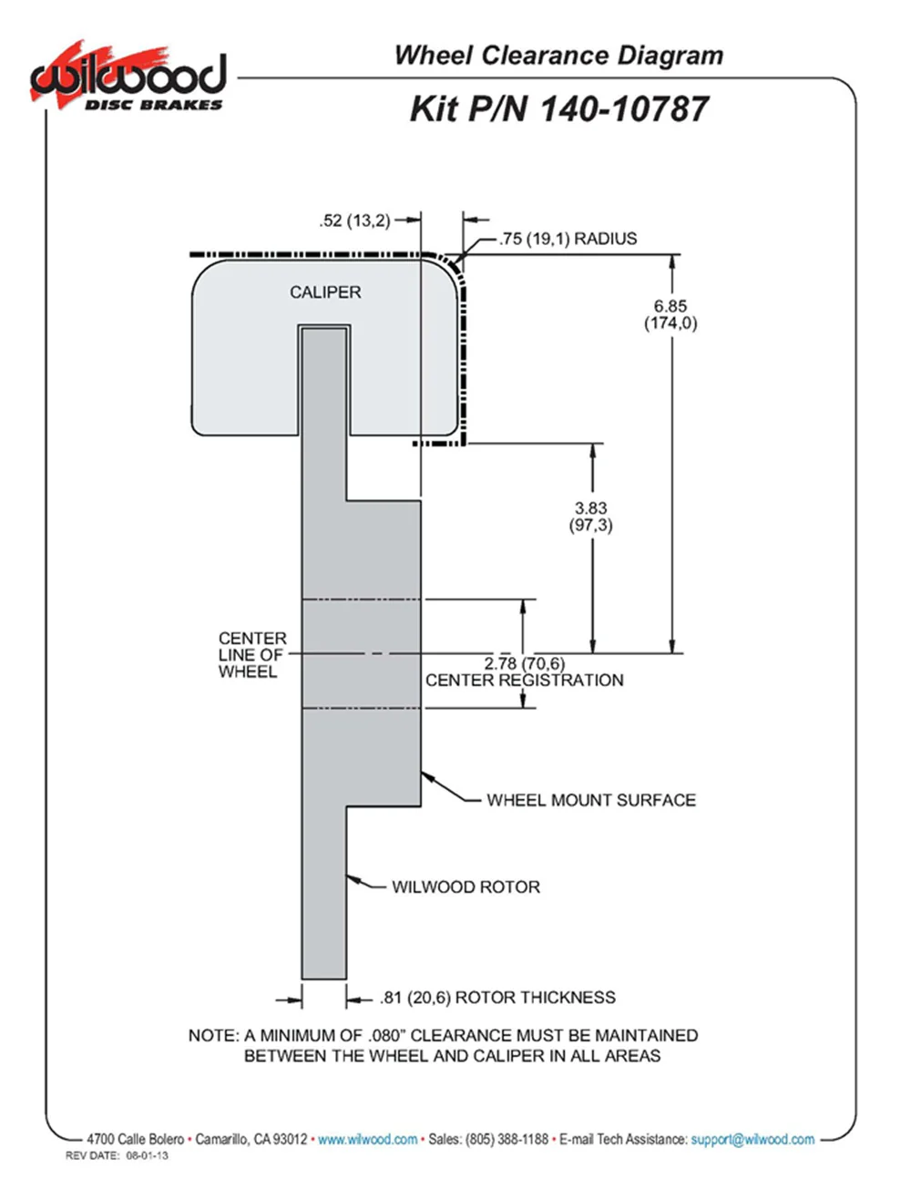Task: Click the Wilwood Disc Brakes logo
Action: pyautogui.click(x=127, y=78)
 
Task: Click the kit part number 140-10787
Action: pyautogui.click(x=558, y=109)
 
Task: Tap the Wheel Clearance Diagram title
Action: pyautogui.click(x=558, y=56)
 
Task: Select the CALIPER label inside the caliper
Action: pyautogui.click(x=325, y=292)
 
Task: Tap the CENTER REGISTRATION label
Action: pyautogui.click(x=525, y=681)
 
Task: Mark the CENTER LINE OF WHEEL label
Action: pyautogui.click(x=251, y=655)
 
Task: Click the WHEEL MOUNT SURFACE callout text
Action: pyautogui.click(x=590, y=800)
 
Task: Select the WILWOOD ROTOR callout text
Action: pyautogui.click(x=466, y=887)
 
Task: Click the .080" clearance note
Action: pyautogui.click(x=444, y=1045)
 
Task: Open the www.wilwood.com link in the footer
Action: pyautogui.click(x=367, y=1139)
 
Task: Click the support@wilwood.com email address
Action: pyautogui.click(x=752, y=1139)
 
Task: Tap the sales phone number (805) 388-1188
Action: pyautogui.click(x=507, y=1139)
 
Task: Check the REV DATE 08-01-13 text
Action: pyautogui.click(x=117, y=1156)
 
